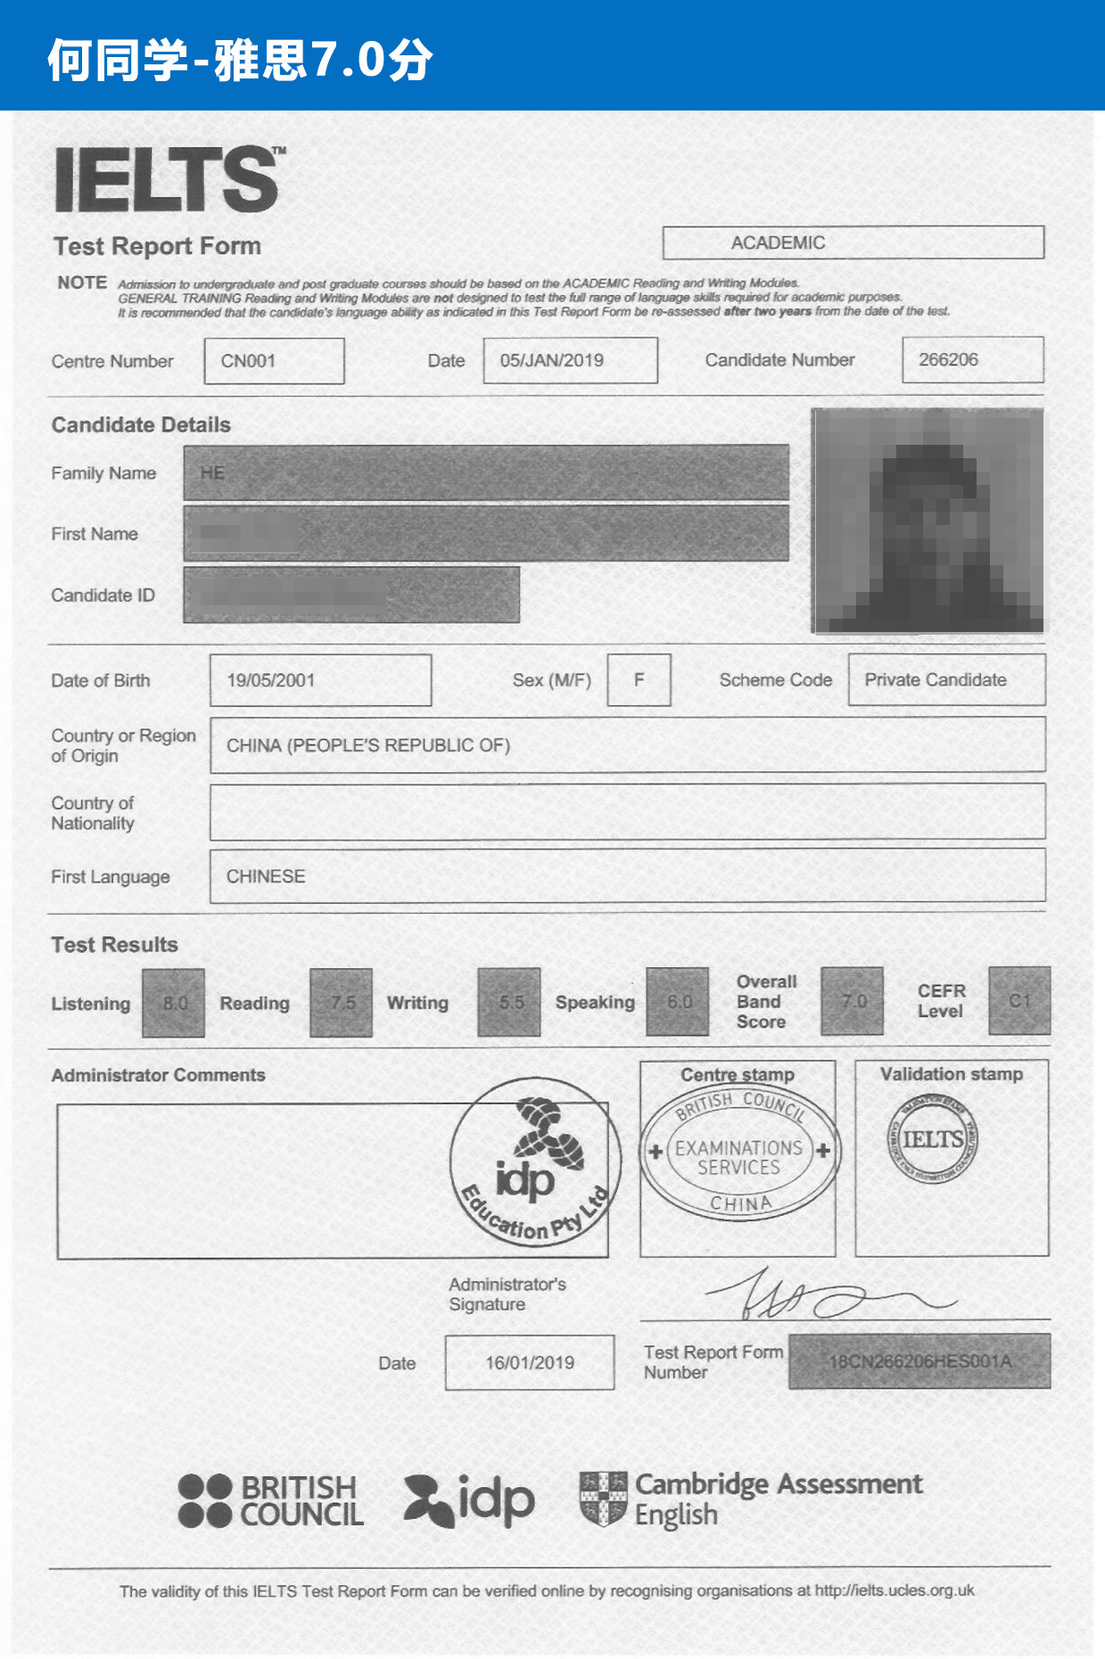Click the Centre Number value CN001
[274, 361]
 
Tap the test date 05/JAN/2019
[570, 360]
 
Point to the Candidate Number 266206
[972, 360]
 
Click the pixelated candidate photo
[928, 521]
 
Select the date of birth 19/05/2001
[320, 680]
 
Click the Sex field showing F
[639, 680]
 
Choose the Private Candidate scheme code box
[946, 680]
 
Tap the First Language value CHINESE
[266, 876]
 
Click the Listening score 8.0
[174, 1003]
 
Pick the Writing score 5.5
[509, 1002]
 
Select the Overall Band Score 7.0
[853, 1001]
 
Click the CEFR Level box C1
[1019, 1001]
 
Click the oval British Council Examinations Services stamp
[739, 1154]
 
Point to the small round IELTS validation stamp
[932, 1139]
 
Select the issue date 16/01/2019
[530, 1362]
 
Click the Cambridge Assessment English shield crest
[604, 1499]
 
